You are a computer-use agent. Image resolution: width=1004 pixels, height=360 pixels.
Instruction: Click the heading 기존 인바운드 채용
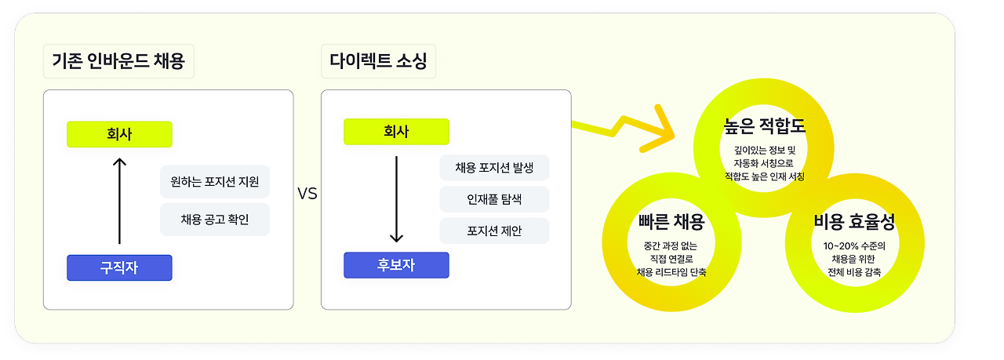118,61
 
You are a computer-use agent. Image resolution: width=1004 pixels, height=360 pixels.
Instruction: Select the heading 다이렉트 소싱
378,61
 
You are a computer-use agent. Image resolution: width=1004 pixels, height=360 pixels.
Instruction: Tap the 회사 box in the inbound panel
119,134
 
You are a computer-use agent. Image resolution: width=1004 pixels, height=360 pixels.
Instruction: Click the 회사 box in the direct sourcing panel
396,132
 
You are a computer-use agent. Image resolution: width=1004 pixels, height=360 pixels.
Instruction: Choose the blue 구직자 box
119,267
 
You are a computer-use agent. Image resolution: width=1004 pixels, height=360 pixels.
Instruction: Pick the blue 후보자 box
396,265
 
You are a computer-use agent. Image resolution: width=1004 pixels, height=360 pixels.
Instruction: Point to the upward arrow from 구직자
119,200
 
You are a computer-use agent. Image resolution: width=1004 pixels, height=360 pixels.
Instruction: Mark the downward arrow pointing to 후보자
396,199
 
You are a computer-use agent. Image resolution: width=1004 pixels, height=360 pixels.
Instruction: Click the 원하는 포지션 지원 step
215,182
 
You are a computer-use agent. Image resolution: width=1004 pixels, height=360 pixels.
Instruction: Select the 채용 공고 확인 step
215,220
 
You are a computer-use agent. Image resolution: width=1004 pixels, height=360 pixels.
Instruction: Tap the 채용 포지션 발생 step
494,168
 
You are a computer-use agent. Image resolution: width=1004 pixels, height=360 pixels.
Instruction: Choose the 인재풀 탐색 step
494,199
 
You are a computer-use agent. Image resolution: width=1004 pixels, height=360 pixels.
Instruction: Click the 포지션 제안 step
494,231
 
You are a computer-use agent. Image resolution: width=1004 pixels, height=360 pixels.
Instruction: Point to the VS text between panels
307,193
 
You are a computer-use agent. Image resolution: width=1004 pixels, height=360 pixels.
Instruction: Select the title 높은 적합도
765,125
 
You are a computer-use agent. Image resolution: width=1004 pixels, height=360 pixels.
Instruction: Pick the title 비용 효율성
854,222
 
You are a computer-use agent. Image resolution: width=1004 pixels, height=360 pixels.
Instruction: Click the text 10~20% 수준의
854,245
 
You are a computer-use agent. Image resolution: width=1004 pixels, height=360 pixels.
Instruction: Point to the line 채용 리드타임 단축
671,273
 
